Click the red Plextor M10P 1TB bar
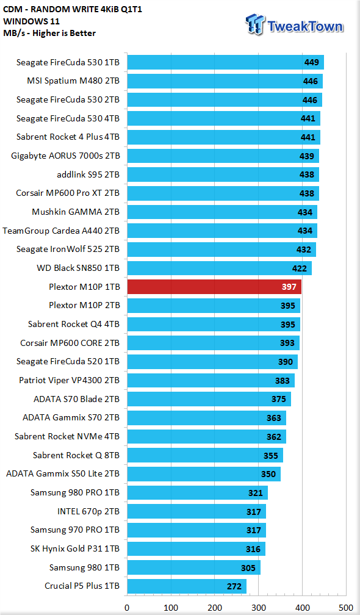click(x=215, y=287)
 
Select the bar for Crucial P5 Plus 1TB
click(x=187, y=586)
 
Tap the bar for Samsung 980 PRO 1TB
click(x=198, y=492)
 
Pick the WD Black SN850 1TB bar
click(x=220, y=268)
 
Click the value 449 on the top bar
click(x=311, y=62)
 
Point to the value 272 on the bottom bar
click(x=234, y=587)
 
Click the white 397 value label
click(x=289, y=287)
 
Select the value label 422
click(x=299, y=268)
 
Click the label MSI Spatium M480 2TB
click(x=73, y=81)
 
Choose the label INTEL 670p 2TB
click(x=88, y=511)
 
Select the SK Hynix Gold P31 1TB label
click(x=75, y=548)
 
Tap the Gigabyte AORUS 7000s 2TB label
click(x=65, y=156)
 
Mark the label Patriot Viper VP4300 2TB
click(x=70, y=381)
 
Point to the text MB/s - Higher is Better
click(x=49, y=33)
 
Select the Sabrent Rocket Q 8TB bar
click(x=205, y=455)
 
